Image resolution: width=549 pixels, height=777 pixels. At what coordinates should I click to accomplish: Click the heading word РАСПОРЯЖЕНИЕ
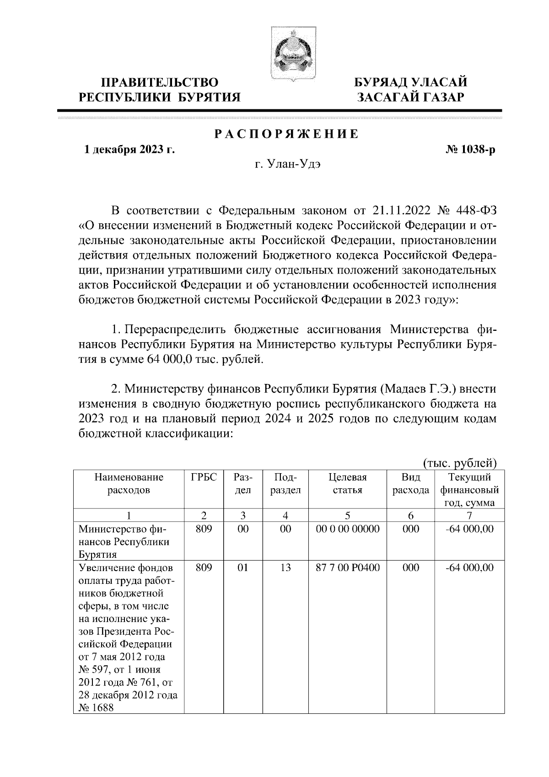point(286,134)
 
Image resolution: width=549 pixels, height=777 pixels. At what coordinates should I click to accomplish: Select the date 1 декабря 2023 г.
point(129,149)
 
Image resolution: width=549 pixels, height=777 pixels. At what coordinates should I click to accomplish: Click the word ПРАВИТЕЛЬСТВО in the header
point(160,83)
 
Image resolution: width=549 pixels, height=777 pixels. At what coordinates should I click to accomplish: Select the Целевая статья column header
point(348,484)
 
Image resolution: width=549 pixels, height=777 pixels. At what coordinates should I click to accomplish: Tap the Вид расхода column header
point(410,484)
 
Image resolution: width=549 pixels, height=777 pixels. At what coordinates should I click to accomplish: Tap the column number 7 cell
point(469,516)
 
